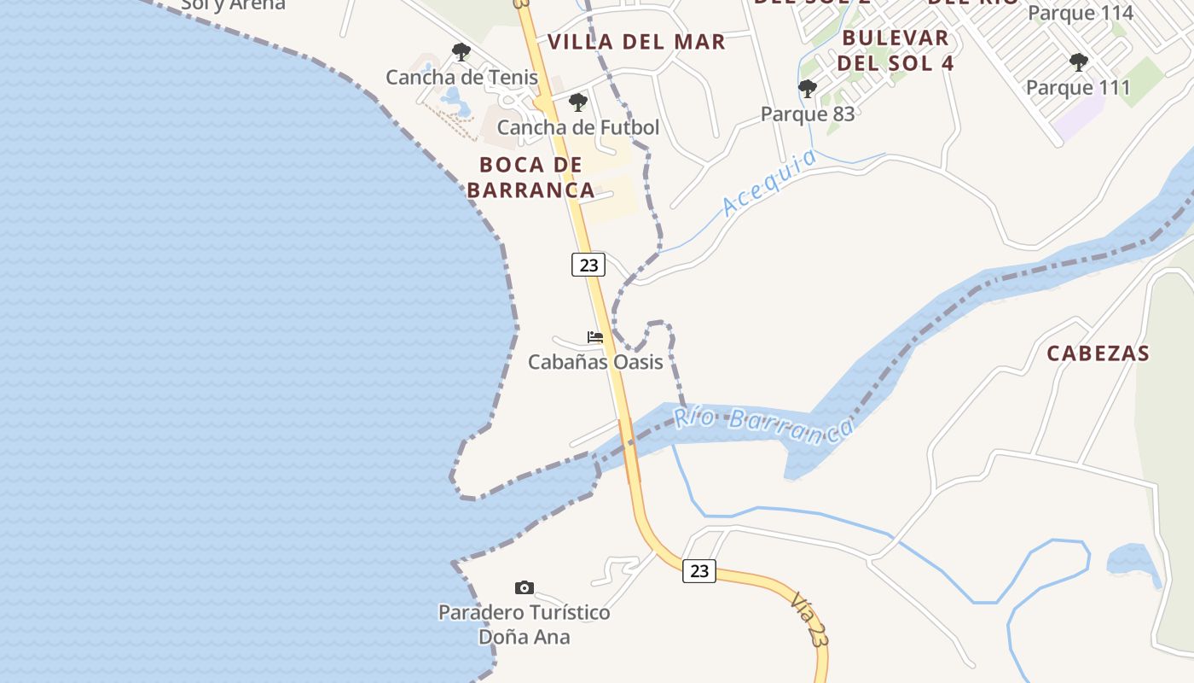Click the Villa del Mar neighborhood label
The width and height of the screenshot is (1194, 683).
636,42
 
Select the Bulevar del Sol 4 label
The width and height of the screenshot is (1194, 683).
895,50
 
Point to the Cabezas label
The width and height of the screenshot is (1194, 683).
1098,353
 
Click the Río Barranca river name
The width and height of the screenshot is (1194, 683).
763,425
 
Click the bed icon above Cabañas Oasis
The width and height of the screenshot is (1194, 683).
595,337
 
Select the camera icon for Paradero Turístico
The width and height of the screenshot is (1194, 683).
525,587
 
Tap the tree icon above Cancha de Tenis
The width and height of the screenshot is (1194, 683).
461,52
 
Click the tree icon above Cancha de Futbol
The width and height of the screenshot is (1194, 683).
578,103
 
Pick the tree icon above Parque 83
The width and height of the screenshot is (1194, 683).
807,89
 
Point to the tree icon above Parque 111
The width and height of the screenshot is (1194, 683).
1078,62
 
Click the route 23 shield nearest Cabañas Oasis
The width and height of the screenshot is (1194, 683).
588,265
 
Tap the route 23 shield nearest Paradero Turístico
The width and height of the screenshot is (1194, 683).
699,571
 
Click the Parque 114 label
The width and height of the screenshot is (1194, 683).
1080,13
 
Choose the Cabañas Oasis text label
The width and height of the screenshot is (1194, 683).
595,362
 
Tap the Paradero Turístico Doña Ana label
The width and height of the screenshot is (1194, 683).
525,625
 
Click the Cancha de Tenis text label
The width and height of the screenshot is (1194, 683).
461,77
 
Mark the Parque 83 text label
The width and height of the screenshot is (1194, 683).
807,114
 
